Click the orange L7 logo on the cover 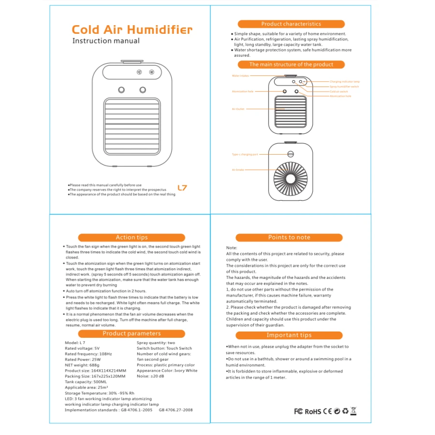tap(182, 188)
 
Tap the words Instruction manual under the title tap(106, 41)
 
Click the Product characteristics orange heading tap(291, 24)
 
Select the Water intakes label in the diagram tap(240, 76)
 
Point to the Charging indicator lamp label tap(345, 82)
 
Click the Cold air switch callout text tap(339, 91)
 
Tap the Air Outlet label tap(238, 109)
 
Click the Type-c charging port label tap(245, 155)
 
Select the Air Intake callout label tap(238, 170)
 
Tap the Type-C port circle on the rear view tap(291, 155)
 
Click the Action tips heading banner tap(131, 237)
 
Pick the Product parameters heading tap(131, 333)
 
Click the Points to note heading tap(289, 237)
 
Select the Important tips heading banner tap(289, 335)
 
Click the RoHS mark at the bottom tap(313, 412)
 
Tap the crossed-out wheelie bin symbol tap(353, 411)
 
